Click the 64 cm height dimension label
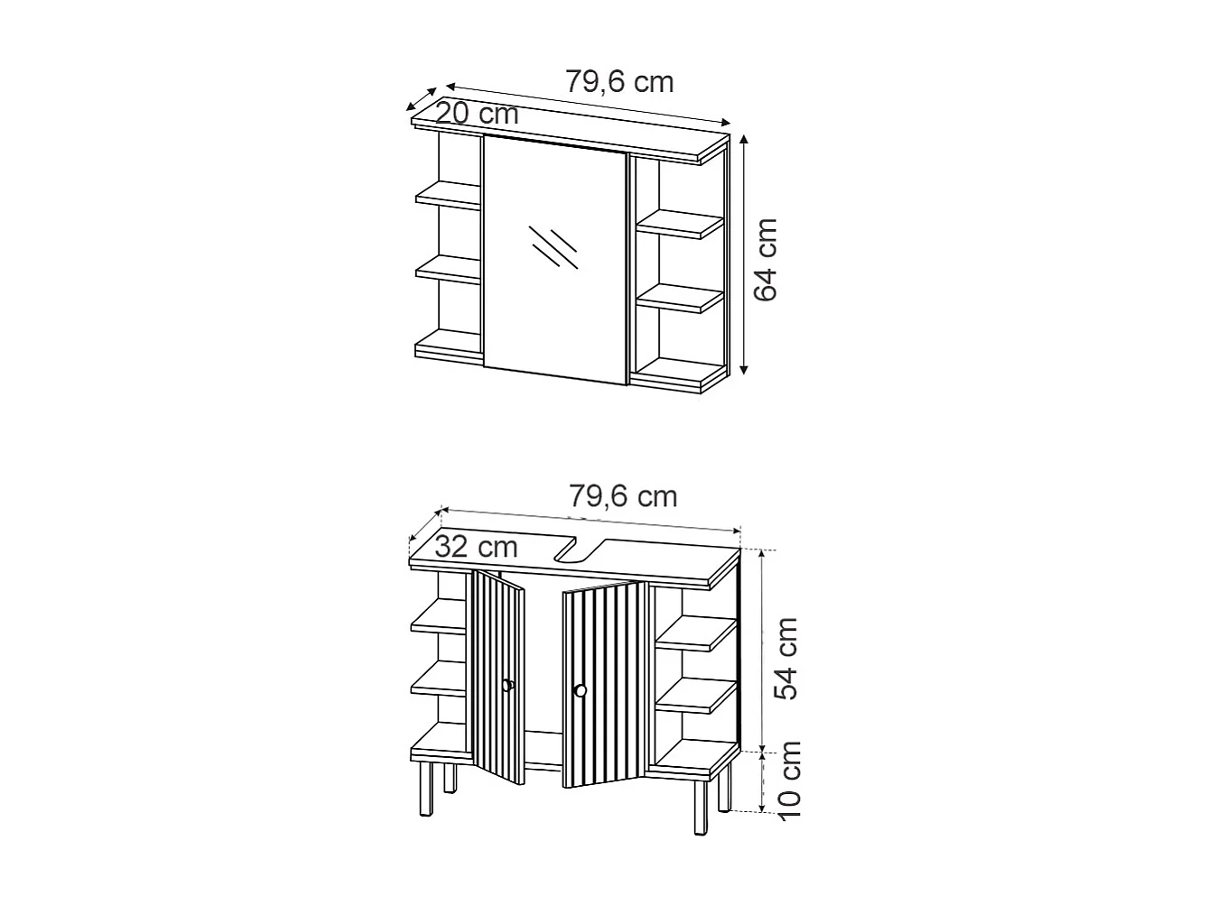pyautogui.click(x=766, y=259)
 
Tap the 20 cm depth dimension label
pyautogui.click(x=477, y=115)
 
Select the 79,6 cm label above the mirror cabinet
pyautogui.click(x=619, y=82)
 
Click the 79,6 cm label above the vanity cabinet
pyautogui.click(x=623, y=496)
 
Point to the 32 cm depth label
pyautogui.click(x=476, y=547)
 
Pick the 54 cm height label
pyautogui.click(x=787, y=658)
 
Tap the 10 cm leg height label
pyautogui.click(x=789, y=779)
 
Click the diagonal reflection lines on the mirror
pyautogui.click(x=553, y=245)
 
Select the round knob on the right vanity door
pyautogui.click(x=580, y=691)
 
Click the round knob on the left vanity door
pyautogui.click(x=507, y=685)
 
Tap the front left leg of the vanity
pyautogui.click(x=425, y=790)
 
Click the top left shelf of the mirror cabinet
pyautogui.click(x=449, y=195)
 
